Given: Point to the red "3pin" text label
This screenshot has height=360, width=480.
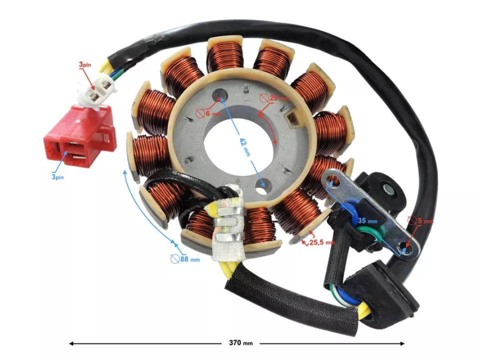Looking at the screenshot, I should (85, 65).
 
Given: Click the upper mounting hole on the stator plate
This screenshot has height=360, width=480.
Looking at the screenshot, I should (219, 94).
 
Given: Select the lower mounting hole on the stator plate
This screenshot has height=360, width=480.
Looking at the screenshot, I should (261, 186).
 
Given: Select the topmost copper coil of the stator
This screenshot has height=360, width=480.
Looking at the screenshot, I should (224, 55).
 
